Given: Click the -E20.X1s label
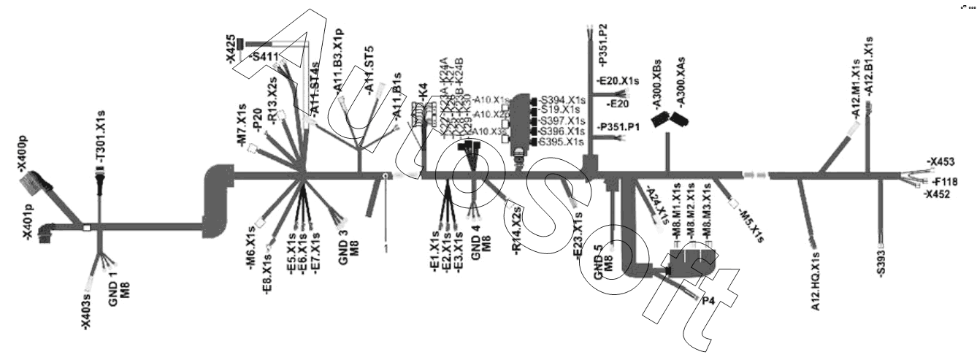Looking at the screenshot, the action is point(617,80).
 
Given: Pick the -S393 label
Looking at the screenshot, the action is point(882,261).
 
